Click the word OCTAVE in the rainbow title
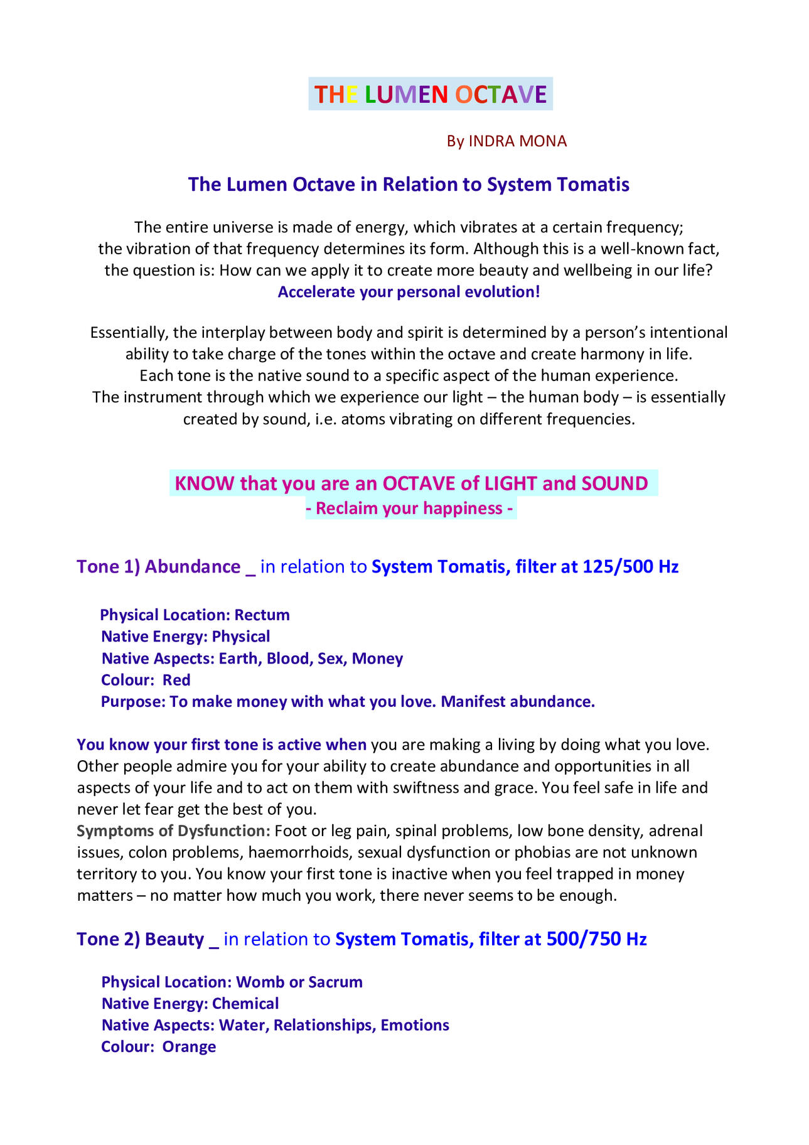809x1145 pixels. point(501,94)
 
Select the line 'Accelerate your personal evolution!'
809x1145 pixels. point(409,292)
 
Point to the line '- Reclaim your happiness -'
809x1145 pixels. point(410,508)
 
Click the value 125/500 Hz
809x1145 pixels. point(631,567)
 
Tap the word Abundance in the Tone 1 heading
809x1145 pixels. point(193,567)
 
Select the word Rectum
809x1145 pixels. point(262,615)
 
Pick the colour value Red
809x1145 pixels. point(176,680)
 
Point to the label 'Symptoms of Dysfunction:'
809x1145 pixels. point(173,831)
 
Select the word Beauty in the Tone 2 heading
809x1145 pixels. point(174,939)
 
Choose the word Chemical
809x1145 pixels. point(245,1003)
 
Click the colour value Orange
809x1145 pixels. point(189,1046)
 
